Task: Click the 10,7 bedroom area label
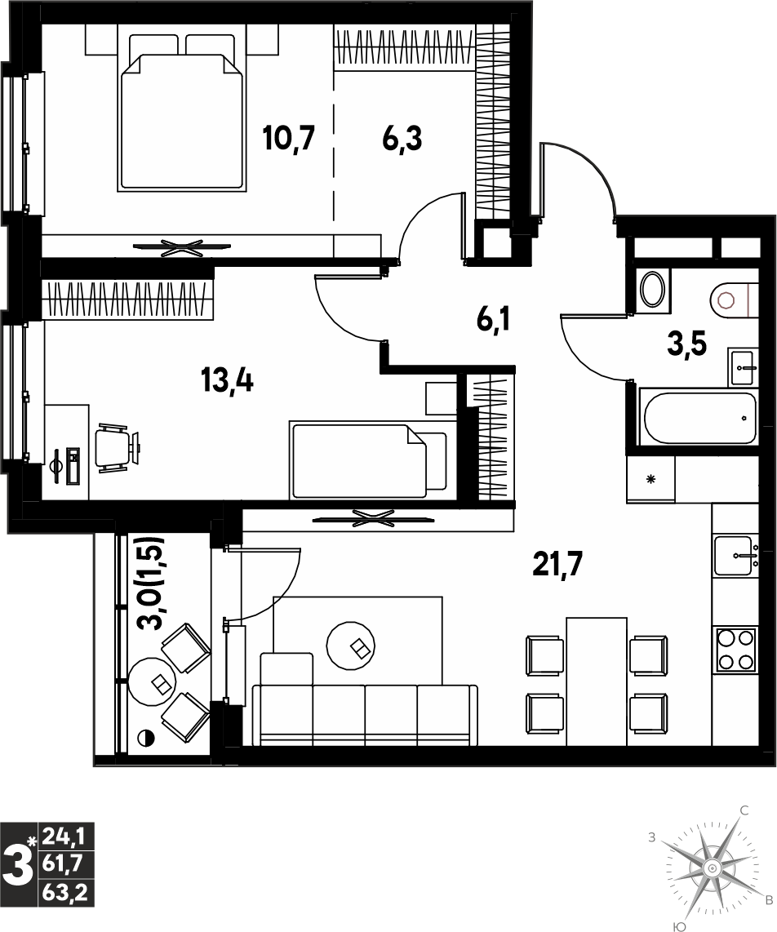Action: click(288, 139)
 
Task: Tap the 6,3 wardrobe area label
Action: click(402, 139)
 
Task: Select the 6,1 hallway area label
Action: click(493, 321)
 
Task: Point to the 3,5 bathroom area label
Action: click(686, 344)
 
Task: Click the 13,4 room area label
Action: click(227, 380)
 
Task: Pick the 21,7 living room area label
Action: click(557, 564)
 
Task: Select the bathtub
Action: click(697, 417)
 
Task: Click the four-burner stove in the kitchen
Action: click(736, 649)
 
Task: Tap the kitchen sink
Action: click(736, 556)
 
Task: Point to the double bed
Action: click(183, 113)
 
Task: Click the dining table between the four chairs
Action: click(597, 681)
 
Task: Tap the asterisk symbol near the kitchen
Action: click(651, 479)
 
